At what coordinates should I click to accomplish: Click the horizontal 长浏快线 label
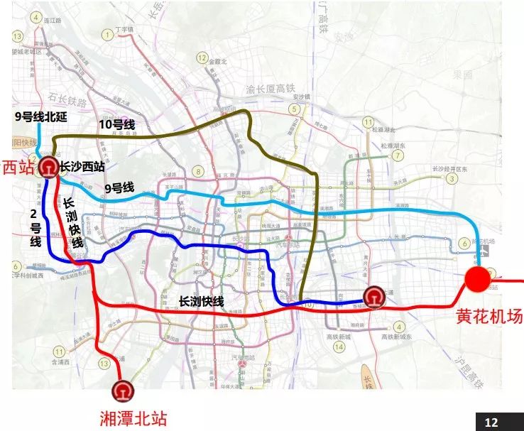tap(202, 301)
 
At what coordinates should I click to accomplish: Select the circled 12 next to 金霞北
tap(202, 58)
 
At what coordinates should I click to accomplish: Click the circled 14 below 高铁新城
tap(339, 347)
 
